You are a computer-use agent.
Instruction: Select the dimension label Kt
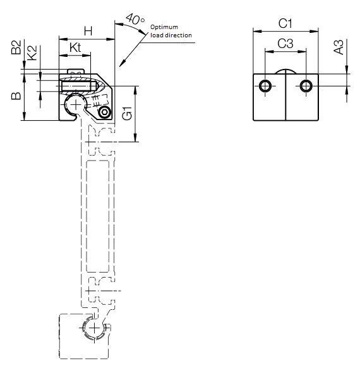pyautogui.click(x=75, y=47)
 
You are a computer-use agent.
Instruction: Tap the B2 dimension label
pyautogui.click(x=17, y=49)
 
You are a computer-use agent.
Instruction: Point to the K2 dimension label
pyautogui.click(x=32, y=53)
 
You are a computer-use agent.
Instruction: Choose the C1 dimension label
pyautogui.click(x=285, y=23)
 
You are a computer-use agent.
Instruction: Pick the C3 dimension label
pyautogui.click(x=285, y=44)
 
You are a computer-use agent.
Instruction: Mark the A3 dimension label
pyautogui.click(x=339, y=47)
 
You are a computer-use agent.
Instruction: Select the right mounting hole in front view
pyautogui.click(x=306, y=85)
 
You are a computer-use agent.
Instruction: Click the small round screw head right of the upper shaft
pyautogui.click(x=104, y=112)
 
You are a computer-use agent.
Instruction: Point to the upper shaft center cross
pyautogui.click(x=76, y=104)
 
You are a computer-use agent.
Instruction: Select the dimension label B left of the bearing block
pyautogui.click(x=17, y=96)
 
